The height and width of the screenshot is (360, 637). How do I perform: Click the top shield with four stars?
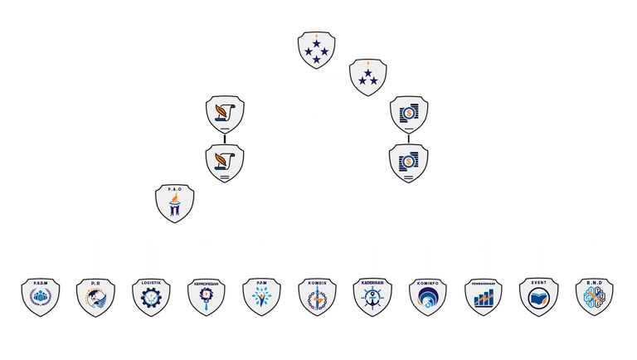pyautogui.click(x=317, y=50)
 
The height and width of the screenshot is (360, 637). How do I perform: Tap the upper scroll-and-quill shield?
pyautogui.click(x=225, y=114)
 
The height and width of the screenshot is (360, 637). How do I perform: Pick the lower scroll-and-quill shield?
pyautogui.click(x=225, y=162)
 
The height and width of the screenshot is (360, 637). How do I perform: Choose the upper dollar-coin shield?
pyautogui.click(x=409, y=114)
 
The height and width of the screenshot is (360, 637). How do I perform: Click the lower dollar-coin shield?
pyautogui.click(x=409, y=162)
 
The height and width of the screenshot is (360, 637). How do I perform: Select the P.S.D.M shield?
pyautogui.click(x=40, y=297)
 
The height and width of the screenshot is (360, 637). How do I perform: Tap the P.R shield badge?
pyautogui.click(x=95, y=297)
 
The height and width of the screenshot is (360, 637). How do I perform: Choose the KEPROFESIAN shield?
pyautogui.click(x=207, y=297)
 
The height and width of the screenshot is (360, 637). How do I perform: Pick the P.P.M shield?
pyautogui.click(x=262, y=297)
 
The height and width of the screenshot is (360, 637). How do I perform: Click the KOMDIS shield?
pyautogui.click(x=317, y=297)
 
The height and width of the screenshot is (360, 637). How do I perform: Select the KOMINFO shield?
pyautogui.click(x=428, y=297)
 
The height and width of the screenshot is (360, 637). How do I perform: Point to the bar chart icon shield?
pyautogui.click(x=484, y=297)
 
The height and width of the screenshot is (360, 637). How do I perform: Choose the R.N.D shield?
pyautogui.click(x=595, y=297)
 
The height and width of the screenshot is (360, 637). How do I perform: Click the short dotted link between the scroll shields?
pyautogui.click(x=225, y=139)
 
